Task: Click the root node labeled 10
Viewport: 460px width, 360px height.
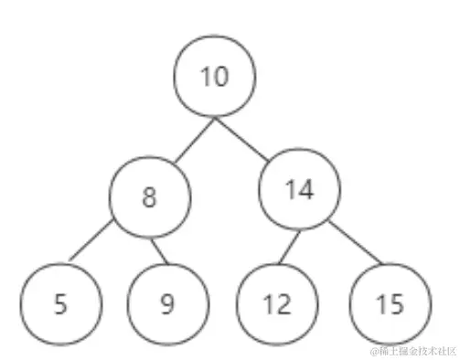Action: click(215, 77)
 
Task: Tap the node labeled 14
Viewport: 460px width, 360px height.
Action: click(300, 190)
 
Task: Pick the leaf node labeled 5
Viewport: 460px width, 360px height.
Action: click(60, 302)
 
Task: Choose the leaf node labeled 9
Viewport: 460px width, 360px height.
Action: click(166, 302)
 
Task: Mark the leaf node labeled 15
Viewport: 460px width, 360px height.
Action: click(389, 303)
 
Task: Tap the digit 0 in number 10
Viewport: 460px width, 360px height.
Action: click(222, 77)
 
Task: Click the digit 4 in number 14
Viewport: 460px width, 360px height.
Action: click(307, 190)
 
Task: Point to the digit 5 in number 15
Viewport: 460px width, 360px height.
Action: click(396, 303)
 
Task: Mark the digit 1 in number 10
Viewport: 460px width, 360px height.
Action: click(207, 77)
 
